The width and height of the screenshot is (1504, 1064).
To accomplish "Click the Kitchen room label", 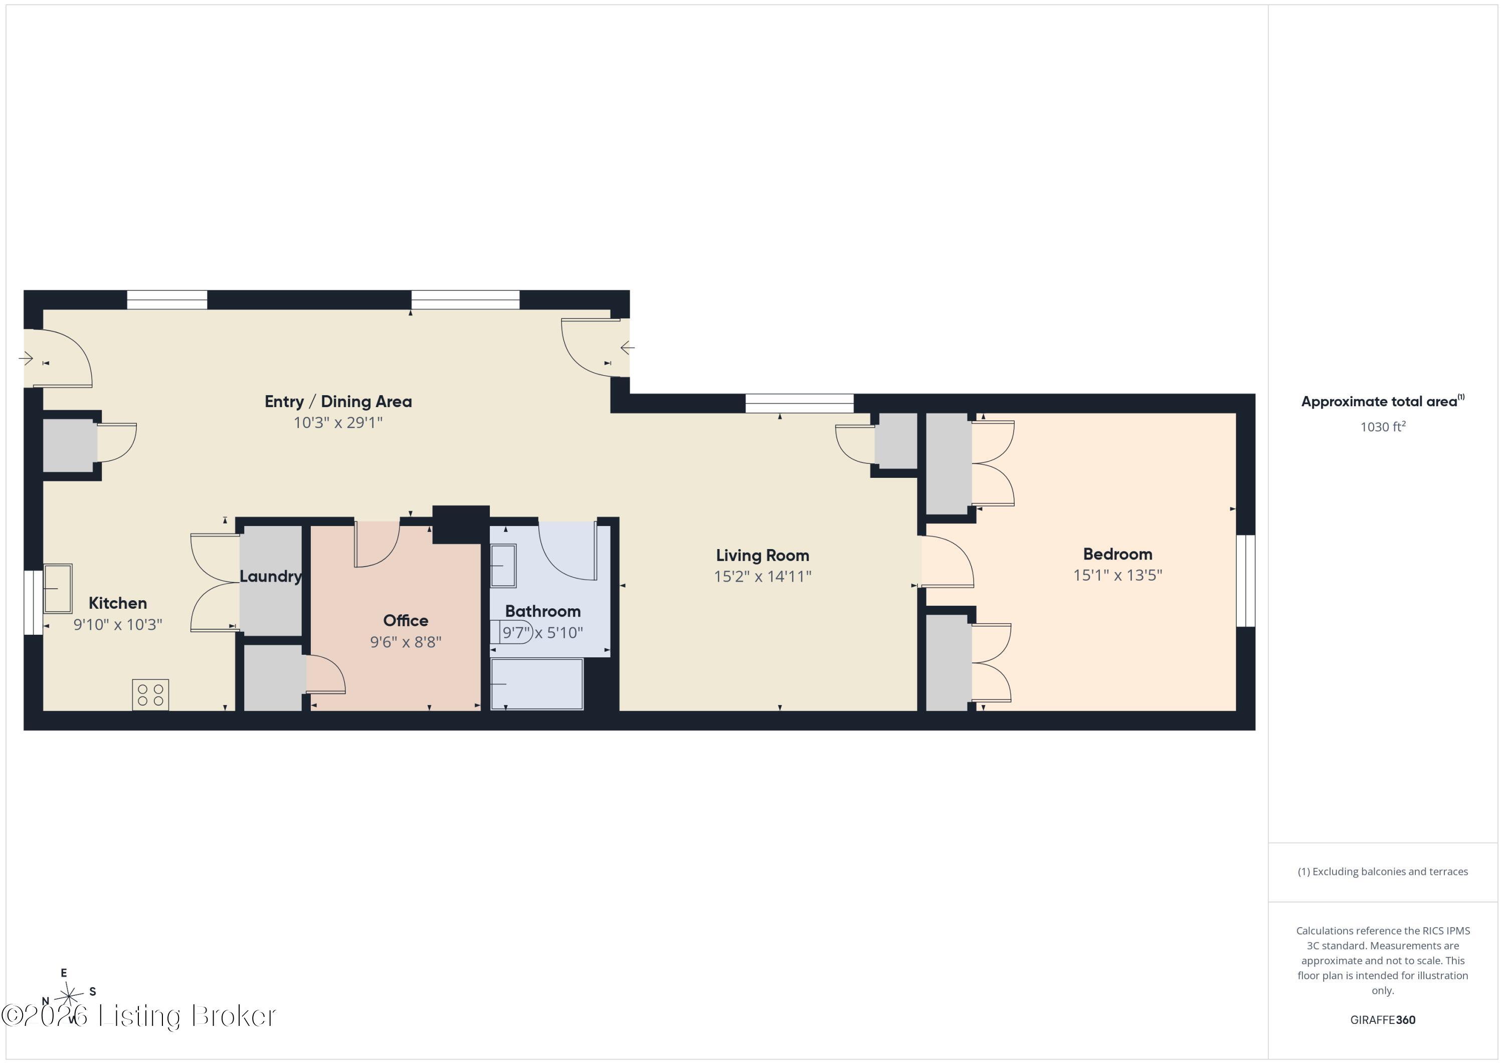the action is point(118,603).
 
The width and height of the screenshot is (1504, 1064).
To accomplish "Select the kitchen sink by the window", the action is point(58,588).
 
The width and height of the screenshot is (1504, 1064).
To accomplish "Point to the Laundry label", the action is point(271,577).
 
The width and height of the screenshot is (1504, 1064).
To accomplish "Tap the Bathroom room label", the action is point(542,611).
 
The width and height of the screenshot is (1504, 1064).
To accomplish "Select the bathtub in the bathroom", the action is point(537,684).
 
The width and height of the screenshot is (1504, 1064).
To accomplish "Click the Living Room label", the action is point(763,556).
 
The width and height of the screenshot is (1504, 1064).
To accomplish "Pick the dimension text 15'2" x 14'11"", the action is point(763,577).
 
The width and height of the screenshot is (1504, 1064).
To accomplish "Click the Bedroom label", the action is point(1117,554).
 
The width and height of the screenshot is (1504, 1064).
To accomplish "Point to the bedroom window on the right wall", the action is point(1245,581).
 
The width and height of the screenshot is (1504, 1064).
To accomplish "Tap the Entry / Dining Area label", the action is point(338,402).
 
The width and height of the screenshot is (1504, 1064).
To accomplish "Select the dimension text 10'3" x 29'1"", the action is point(338,423).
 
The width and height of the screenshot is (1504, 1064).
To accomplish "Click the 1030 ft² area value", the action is point(1383,427).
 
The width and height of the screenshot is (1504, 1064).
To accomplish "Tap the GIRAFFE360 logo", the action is point(1383,1020).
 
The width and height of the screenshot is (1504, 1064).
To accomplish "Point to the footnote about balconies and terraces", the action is point(1383,871).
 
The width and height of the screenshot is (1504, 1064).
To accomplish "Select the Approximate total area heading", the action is point(1382,402).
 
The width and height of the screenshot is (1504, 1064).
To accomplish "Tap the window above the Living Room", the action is point(799,404).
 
